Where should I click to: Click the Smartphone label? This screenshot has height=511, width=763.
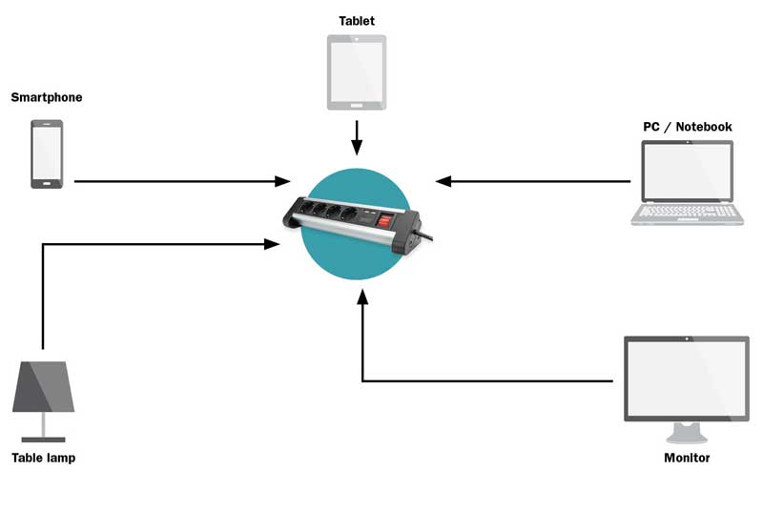[x=47, y=97]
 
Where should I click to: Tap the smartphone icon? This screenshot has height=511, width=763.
[x=47, y=153]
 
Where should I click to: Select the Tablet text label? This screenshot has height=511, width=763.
[x=357, y=20]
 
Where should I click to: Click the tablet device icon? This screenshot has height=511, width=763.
[x=357, y=72]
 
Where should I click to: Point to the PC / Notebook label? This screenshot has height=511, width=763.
[x=687, y=127]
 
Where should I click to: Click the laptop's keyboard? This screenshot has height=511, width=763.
[x=687, y=212]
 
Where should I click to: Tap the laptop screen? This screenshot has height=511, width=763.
[x=687, y=170]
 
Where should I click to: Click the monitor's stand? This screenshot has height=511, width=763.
[x=687, y=433]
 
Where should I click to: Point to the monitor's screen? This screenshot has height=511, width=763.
[x=687, y=378]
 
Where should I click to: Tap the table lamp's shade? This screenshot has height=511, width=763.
[x=43, y=387]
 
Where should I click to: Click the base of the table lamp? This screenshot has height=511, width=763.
[x=43, y=439]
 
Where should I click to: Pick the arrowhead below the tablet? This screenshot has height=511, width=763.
[x=357, y=148]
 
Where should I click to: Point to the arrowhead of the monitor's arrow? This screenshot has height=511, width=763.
[x=362, y=299]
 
